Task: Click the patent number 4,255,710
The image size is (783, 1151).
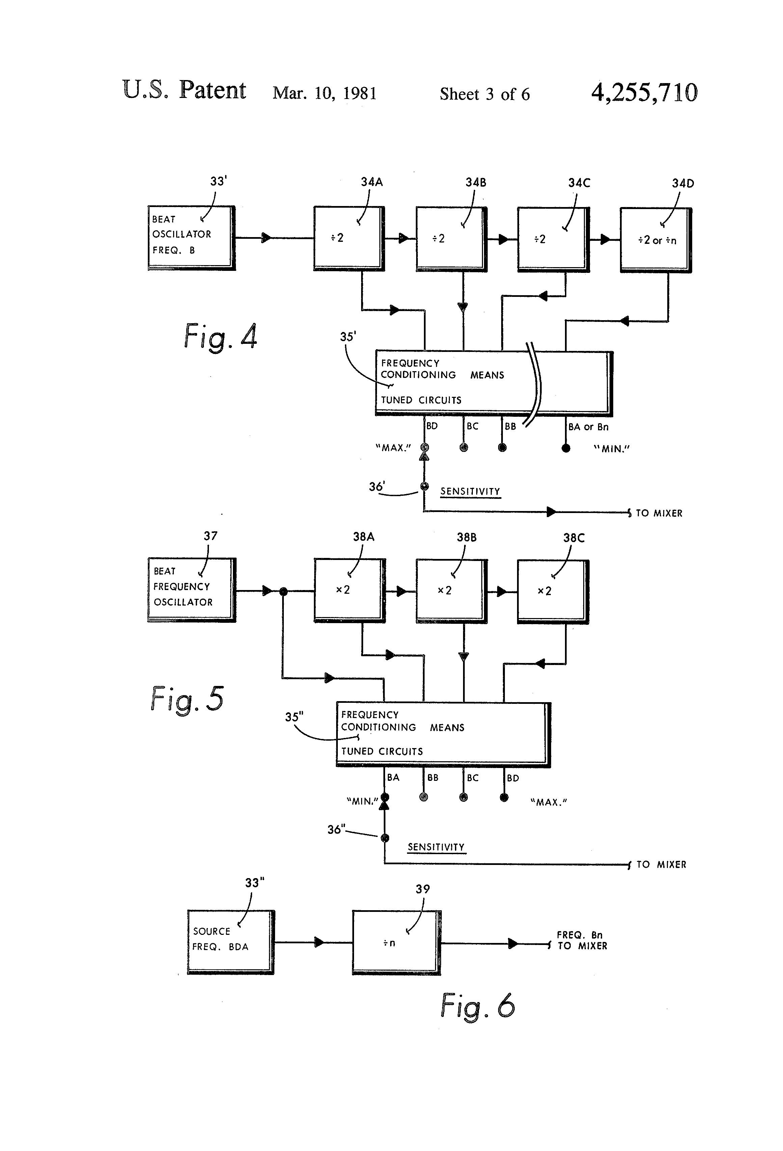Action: click(644, 93)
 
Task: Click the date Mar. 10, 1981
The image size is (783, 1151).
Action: click(324, 93)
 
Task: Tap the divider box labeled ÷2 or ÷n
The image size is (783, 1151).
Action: click(655, 240)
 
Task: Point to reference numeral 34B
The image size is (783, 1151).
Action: click(476, 182)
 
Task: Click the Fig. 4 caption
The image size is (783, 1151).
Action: click(220, 337)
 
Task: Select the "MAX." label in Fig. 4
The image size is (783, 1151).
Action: click(394, 448)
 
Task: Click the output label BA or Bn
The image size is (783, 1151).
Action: click(588, 427)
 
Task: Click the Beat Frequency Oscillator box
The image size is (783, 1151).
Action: click(191, 589)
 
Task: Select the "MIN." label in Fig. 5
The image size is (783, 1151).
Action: click(362, 801)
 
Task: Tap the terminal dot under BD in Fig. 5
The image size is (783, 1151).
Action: click(504, 797)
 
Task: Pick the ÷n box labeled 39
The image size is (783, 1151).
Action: click(396, 943)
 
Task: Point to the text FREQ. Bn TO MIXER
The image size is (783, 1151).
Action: click(582, 940)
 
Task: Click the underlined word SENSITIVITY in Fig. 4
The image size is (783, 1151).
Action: click(470, 491)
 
